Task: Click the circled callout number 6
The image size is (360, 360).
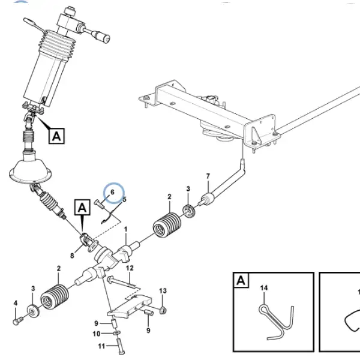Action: coord(112,192)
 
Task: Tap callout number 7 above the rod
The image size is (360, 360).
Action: coord(208,176)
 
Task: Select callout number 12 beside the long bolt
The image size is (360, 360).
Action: coord(130,268)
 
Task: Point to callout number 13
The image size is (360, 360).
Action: coord(163,290)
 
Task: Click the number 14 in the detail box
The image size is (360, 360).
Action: coord(264,287)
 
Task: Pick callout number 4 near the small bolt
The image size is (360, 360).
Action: coord(16,303)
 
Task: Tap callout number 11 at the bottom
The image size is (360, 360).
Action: coord(101,346)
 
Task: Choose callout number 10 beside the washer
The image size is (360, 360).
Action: coord(97,334)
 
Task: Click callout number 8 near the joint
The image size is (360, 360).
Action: coord(72,256)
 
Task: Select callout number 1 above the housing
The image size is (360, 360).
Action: coord(125,229)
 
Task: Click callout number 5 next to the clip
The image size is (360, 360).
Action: coord(124,199)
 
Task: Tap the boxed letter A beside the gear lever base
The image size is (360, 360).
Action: coord(57,136)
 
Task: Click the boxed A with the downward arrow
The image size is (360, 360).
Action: coord(82,208)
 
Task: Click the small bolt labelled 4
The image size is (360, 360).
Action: coord(18,320)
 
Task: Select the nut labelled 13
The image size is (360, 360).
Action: coord(163,311)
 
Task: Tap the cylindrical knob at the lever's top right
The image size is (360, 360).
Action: coord(103,37)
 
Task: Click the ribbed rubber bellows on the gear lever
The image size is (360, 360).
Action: coord(57,43)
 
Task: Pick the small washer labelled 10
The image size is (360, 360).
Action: coord(116,333)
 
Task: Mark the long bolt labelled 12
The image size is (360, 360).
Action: coord(122,283)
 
